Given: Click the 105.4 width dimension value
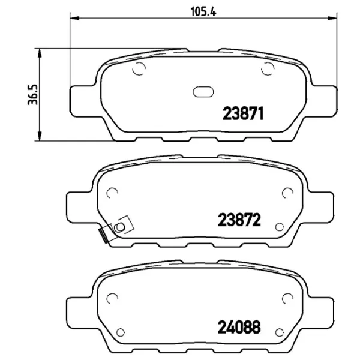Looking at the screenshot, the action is click(203, 11).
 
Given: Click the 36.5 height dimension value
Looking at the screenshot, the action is click(32, 95).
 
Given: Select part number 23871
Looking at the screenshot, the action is click(243, 113).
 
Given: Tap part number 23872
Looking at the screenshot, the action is click(239, 220).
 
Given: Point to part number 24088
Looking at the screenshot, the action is click(239, 327).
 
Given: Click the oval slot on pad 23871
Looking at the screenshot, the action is click(203, 92).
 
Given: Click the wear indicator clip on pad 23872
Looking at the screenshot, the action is click(116, 229).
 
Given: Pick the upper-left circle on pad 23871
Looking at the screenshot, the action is click(139, 68).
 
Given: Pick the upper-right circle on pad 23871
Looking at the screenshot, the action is click(268, 68).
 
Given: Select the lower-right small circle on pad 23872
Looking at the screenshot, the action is click(280, 227).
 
